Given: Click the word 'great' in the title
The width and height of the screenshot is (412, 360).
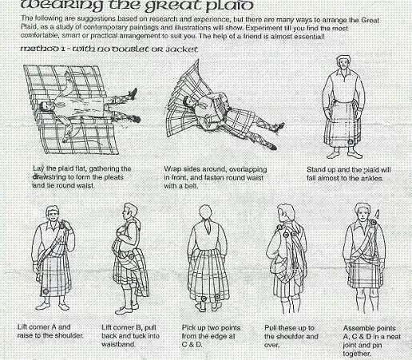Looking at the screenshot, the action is pyautogui.click(x=173, y=6).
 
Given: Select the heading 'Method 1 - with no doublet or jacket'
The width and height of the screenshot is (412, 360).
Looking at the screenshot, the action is pyautogui.click(x=109, y=49).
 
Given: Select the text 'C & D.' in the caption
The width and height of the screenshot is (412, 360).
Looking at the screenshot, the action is pyautogui.click(x=192, y=345).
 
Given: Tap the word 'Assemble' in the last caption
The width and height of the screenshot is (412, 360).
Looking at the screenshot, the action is pyautogui.click(x=356, y=328).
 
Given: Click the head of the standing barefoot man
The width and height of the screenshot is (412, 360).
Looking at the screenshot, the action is pyautogui.click(x=344, y=63).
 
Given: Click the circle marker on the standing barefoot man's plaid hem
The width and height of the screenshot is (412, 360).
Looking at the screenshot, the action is pyautogui.click(x=351, y=142).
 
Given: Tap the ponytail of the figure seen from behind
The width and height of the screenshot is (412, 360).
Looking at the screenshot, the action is pyautogui.click(x=208, y=225).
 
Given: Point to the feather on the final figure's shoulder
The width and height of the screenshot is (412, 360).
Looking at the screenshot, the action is pyautogui.click(x=377, y=213).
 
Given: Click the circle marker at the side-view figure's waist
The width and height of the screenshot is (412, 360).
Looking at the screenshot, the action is pyautogui.click(x=131, y=256).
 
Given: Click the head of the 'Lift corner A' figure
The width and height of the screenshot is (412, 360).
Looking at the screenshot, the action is pyautogui.click(x=53, y=213).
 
